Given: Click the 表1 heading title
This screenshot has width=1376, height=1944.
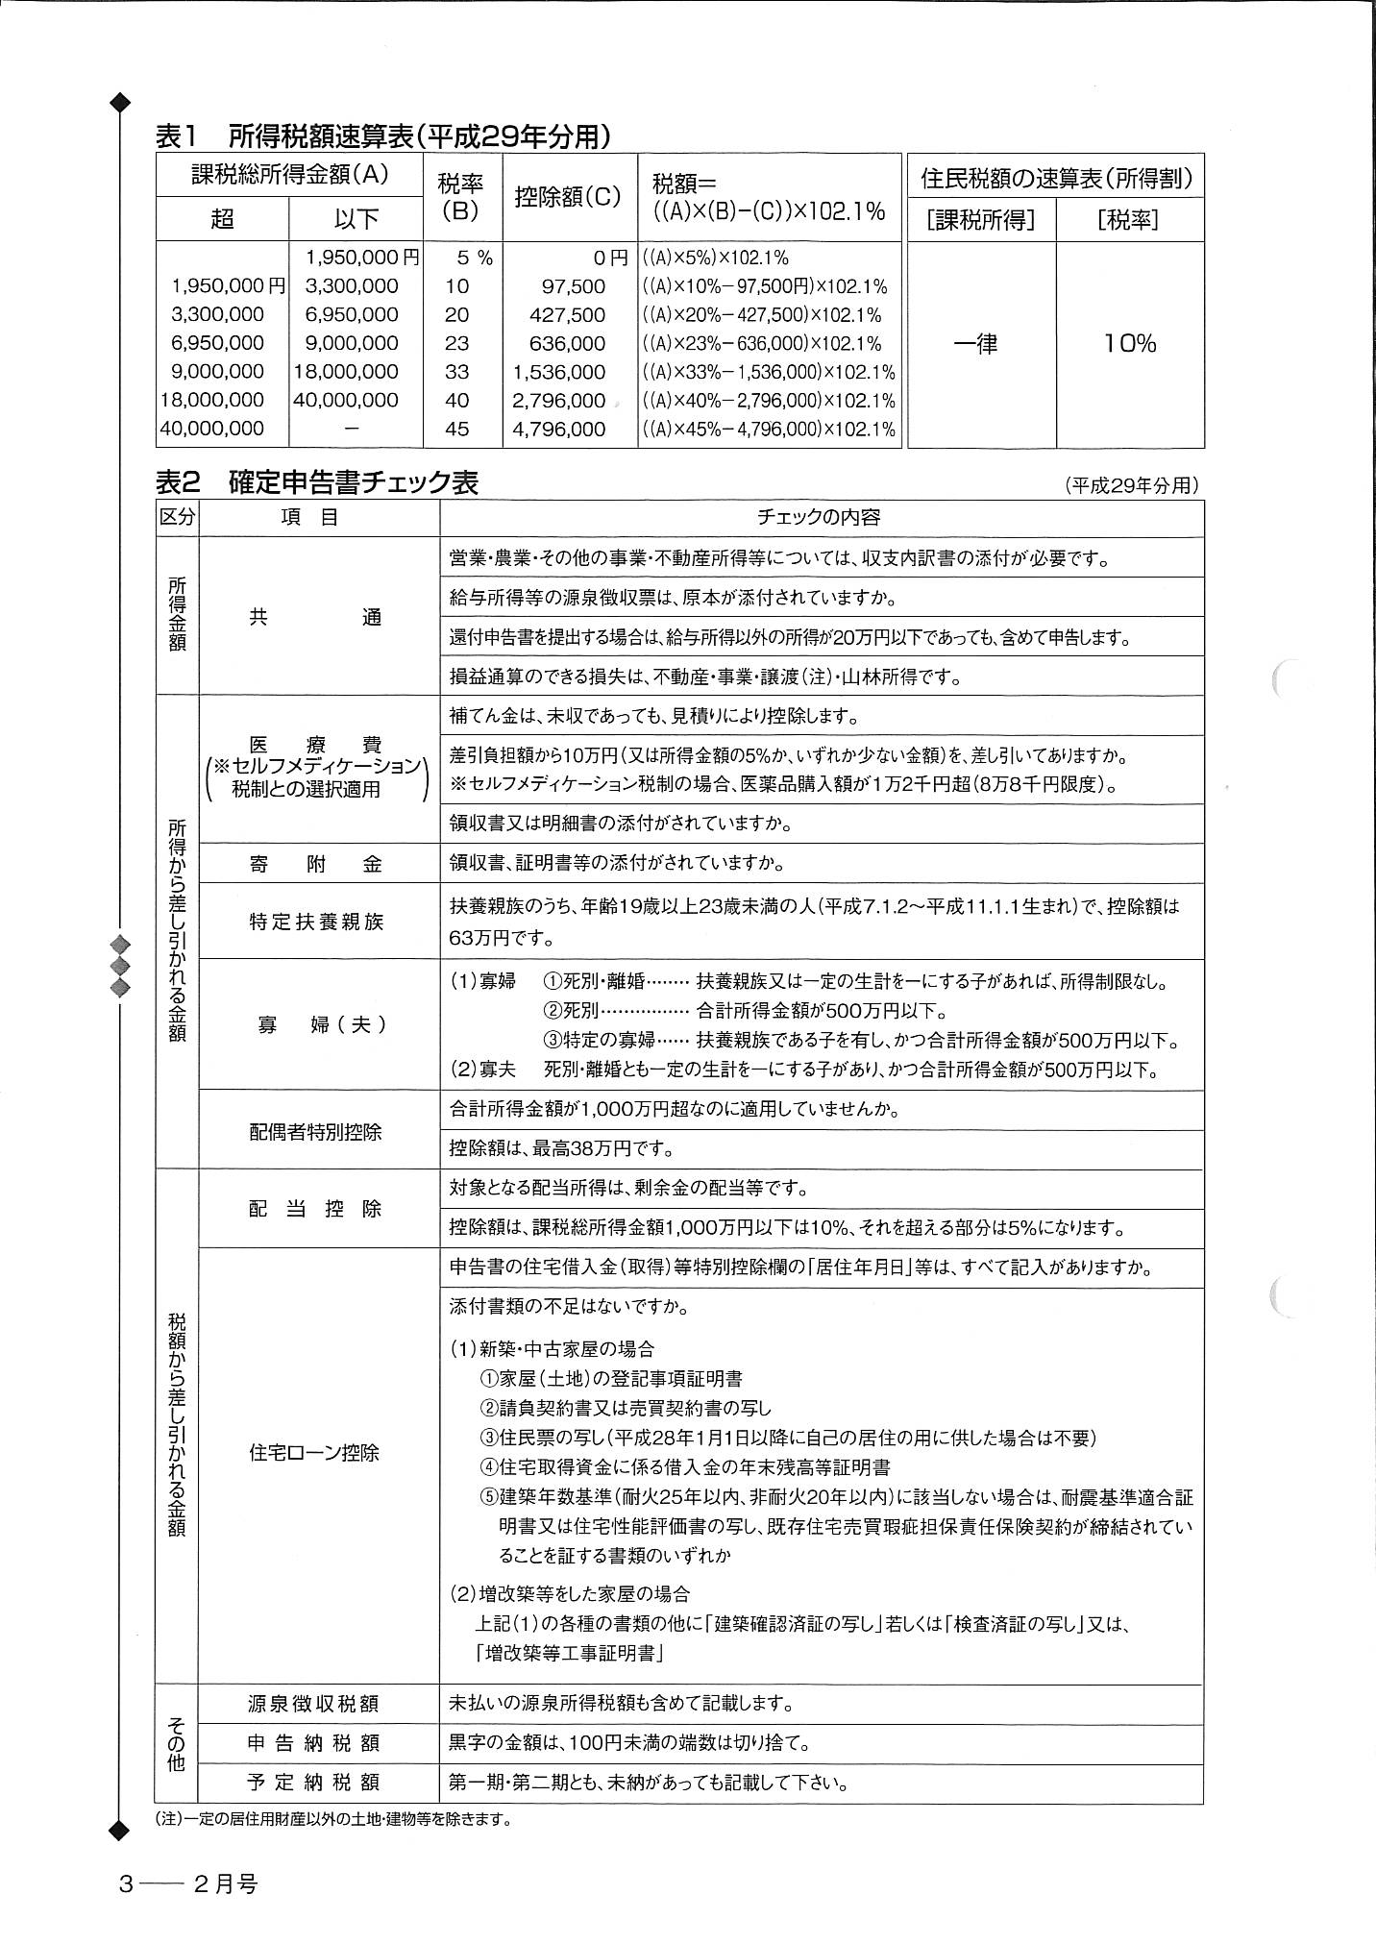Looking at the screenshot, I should [382, 137].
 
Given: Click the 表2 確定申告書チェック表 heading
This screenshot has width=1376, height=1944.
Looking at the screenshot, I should [317, 481].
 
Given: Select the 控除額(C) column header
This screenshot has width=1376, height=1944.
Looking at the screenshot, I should [568, 198].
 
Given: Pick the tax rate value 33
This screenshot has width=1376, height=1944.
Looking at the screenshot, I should [457, 372].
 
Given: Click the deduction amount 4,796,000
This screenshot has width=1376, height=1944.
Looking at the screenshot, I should [558, 429].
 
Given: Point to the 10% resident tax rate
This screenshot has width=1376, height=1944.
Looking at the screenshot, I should [1129, 343].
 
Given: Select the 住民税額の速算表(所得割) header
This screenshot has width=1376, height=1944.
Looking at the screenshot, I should [1056, 178].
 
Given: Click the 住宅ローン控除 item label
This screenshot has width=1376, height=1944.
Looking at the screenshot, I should [315, 1452].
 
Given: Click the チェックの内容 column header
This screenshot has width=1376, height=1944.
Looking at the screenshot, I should [819, 517].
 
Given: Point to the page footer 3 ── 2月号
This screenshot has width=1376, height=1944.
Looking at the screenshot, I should [188, 1884].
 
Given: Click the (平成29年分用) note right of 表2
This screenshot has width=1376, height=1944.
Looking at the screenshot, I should [1131, 486].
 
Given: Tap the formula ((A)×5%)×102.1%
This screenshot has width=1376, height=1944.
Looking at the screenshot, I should [715, 258].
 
